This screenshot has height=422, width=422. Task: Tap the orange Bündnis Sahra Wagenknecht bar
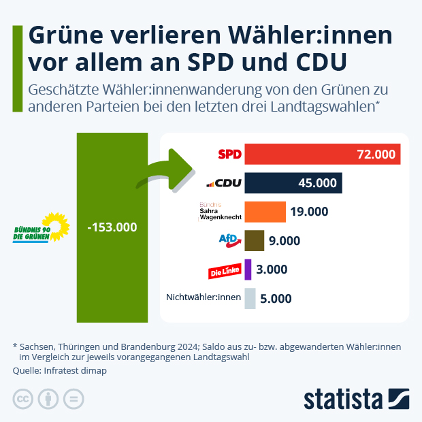pos(265,212)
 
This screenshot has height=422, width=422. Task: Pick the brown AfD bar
pos(254,240)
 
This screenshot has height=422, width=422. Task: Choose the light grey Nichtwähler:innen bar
pos(250,298)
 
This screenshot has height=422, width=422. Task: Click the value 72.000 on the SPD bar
pos(376,155)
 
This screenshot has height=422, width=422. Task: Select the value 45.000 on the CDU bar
pos(317,183)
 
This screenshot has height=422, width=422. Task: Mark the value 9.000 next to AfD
pos(285,240)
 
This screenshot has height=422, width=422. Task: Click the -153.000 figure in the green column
pos(112,227)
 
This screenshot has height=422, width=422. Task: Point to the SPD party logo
pos(229,155)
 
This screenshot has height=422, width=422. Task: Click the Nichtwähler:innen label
pos(204,297)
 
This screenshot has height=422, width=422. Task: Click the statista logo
pos(356,399)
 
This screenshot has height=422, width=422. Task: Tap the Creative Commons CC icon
pos(23,399)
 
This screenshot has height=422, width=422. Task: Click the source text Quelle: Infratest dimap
pos(60,371)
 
